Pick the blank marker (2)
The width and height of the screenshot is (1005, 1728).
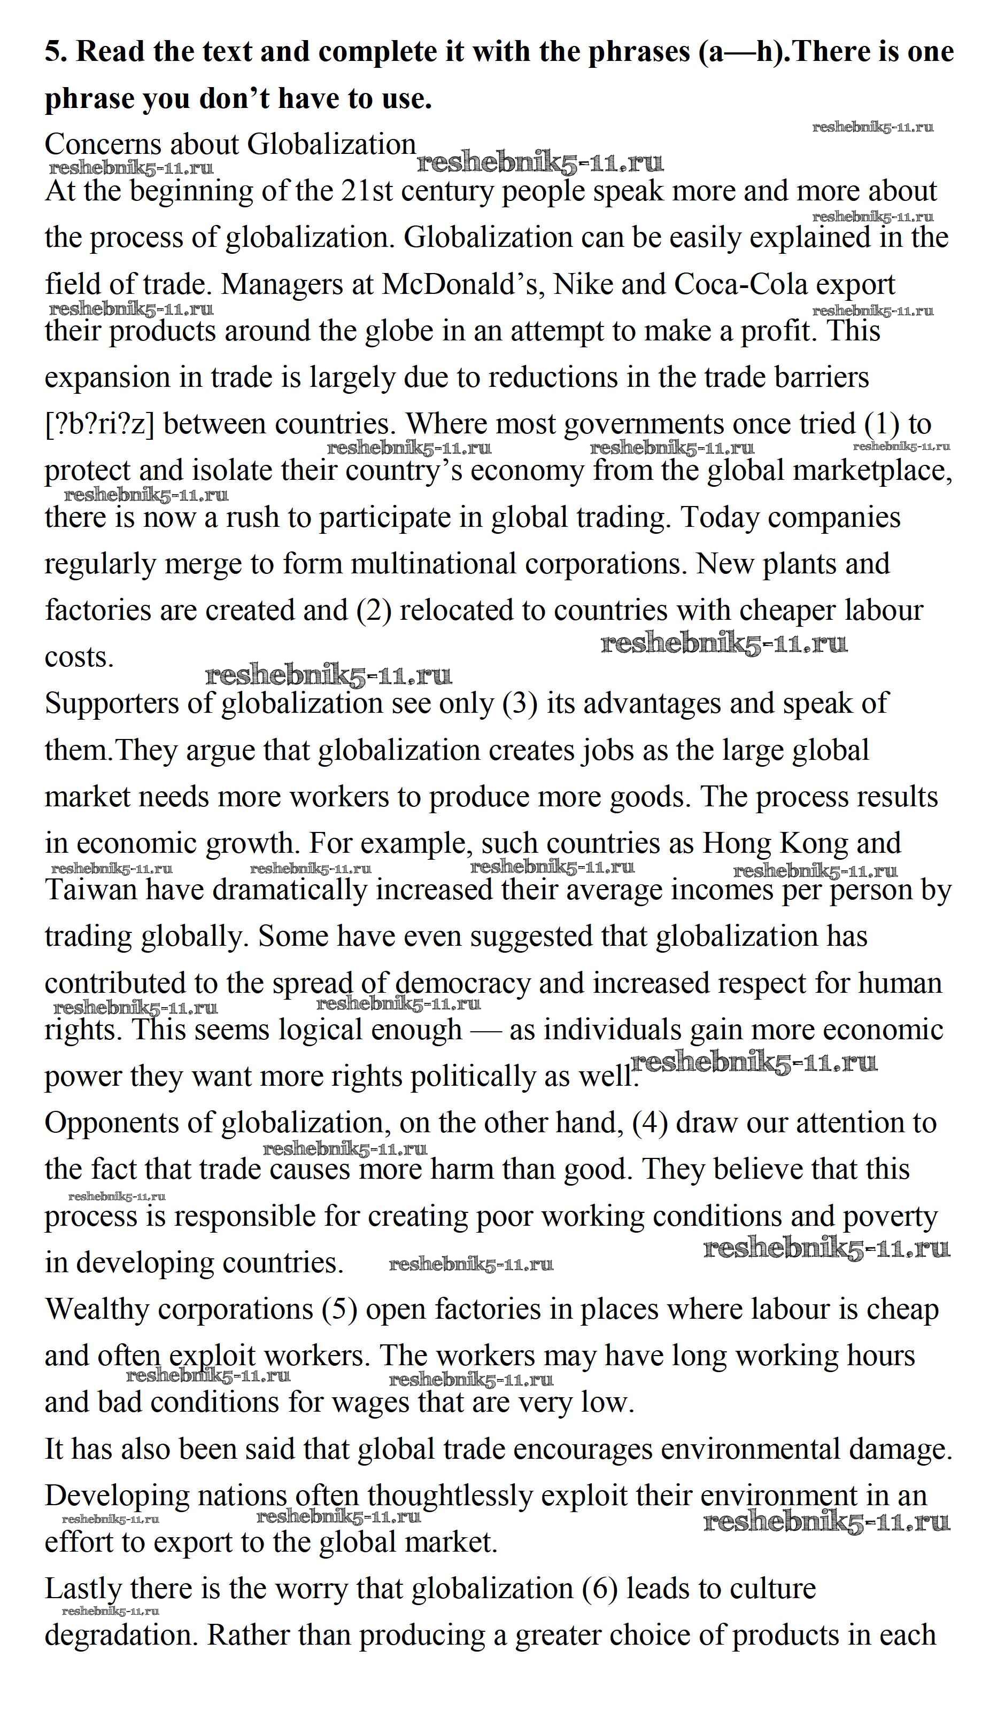click(374, 611)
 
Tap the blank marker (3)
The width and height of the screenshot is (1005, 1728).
click(520, 704)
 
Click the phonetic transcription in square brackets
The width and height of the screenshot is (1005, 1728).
click(99, 424)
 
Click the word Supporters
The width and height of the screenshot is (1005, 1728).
click(130, 704)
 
